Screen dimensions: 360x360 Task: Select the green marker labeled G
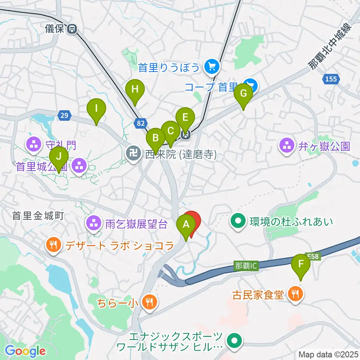[243, 94]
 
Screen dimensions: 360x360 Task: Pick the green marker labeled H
[134, 90]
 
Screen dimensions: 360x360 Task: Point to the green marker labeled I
[96, 109]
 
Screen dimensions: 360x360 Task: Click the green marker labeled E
[185, 118]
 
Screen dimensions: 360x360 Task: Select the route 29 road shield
[64, 115]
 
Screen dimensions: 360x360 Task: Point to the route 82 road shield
[141, 123]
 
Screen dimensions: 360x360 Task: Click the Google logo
[25, 351]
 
